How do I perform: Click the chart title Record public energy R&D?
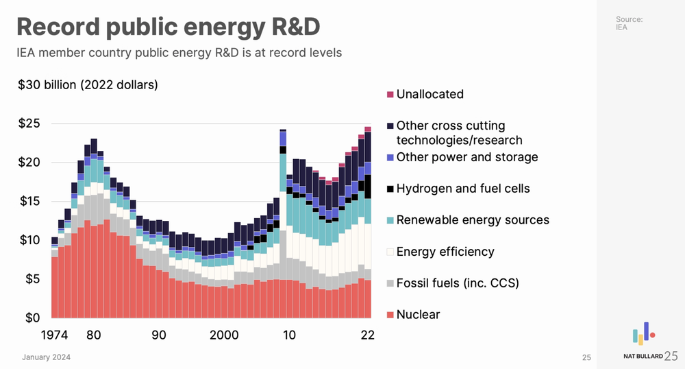(169, 27)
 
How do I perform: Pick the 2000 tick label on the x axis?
(224, 335)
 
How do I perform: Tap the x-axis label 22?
(368, 335)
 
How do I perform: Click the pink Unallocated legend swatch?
(390, 94)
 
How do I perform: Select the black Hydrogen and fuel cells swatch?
(390, 189)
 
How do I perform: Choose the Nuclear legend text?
(418, 315)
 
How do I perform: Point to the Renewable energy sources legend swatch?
(390, 220)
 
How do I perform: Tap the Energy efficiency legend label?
(445, 252)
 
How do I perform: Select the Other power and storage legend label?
(467, 157)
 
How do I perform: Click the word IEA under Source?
(621, 27)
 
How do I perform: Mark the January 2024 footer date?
(46, 357)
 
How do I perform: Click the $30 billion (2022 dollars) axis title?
(88, 86)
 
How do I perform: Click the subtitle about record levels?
(179, 52)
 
